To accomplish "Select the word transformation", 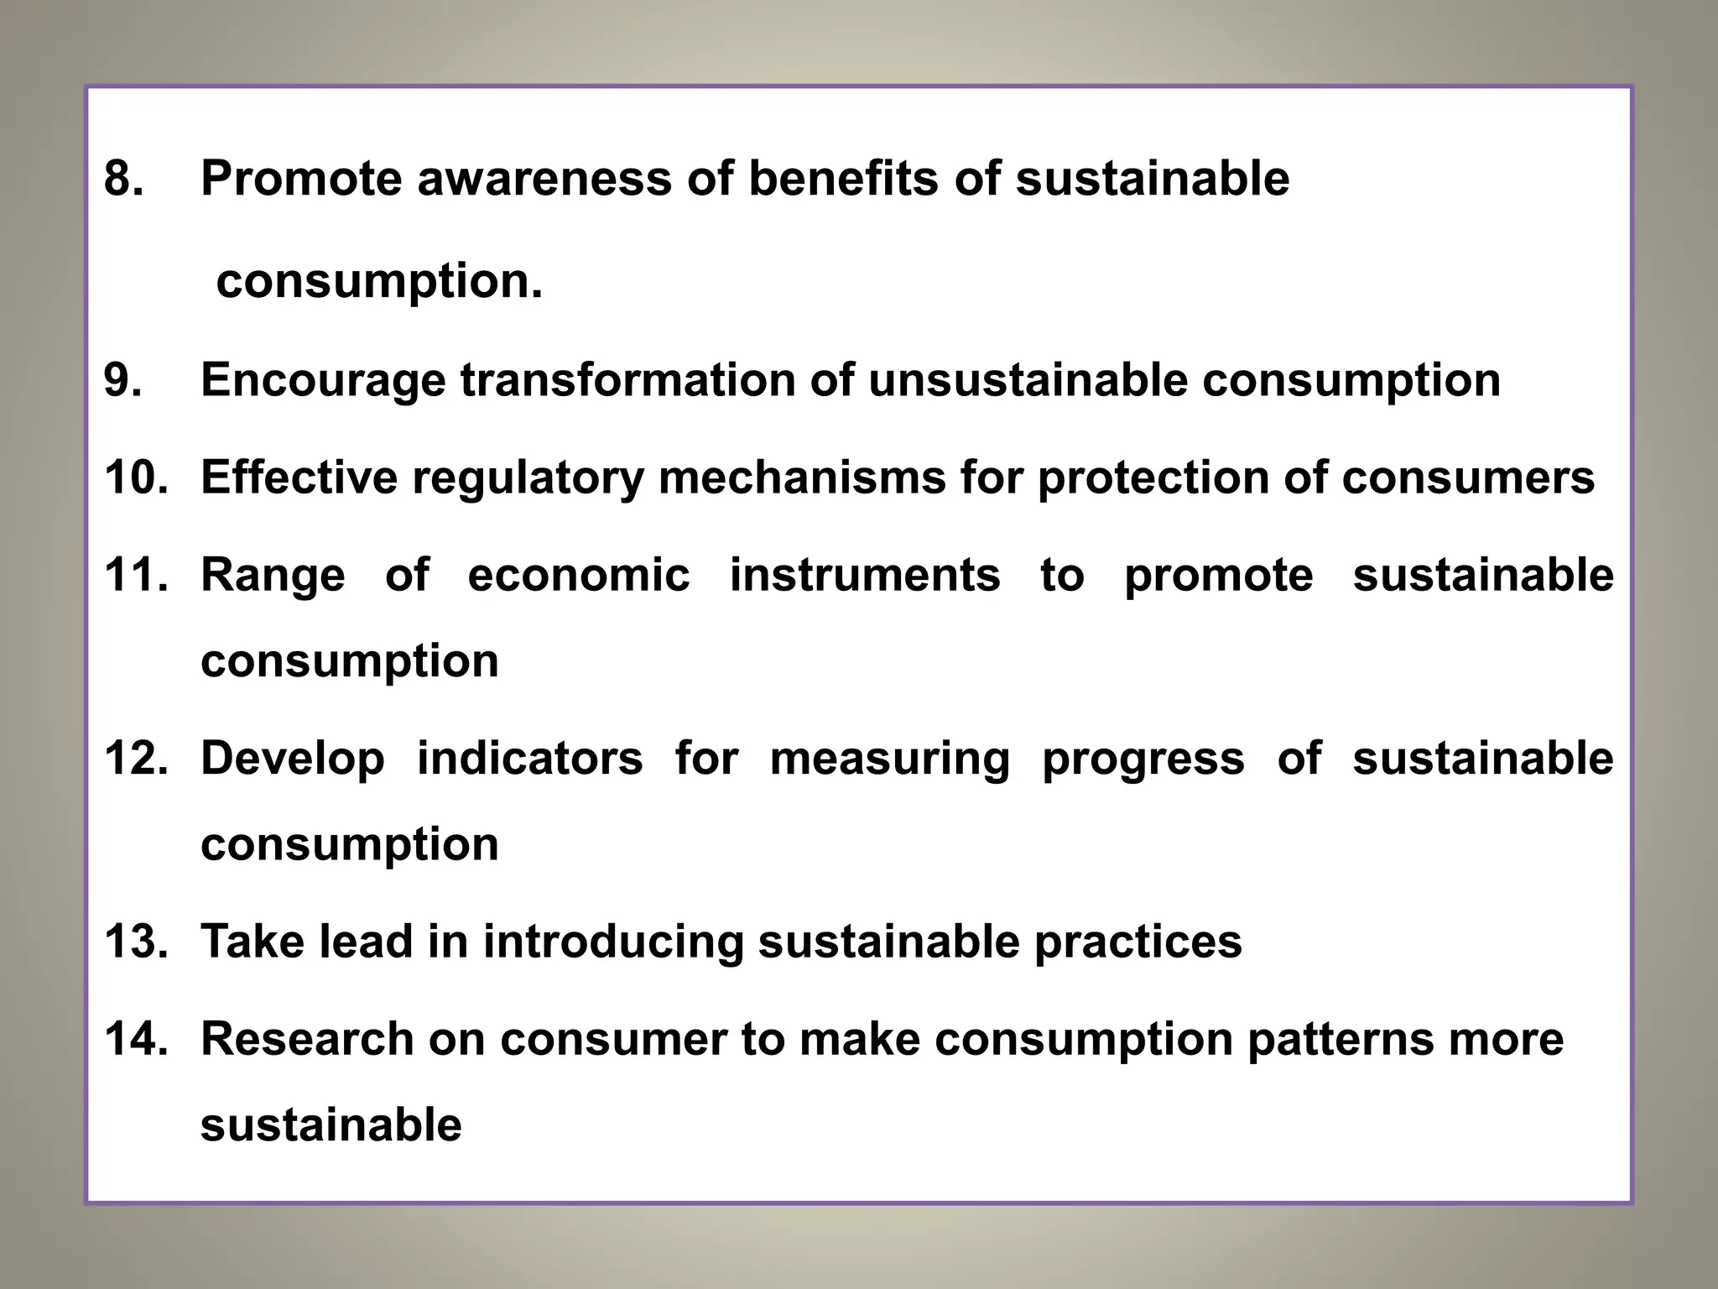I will pyautogui.click(x=627, y=380).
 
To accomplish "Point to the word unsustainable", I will pyautogui.click(x=1028, y=380).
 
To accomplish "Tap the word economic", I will pyautogui.click(x=579, y=576).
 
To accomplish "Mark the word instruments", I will pyautogui.click(x=865, y=576).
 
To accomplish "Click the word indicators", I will pyautogui.click(x=530, y=759).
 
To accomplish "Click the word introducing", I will pyautogui.click(x=613, y=942).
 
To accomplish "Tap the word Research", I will pyautogui.click(x=308, y=1039).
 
